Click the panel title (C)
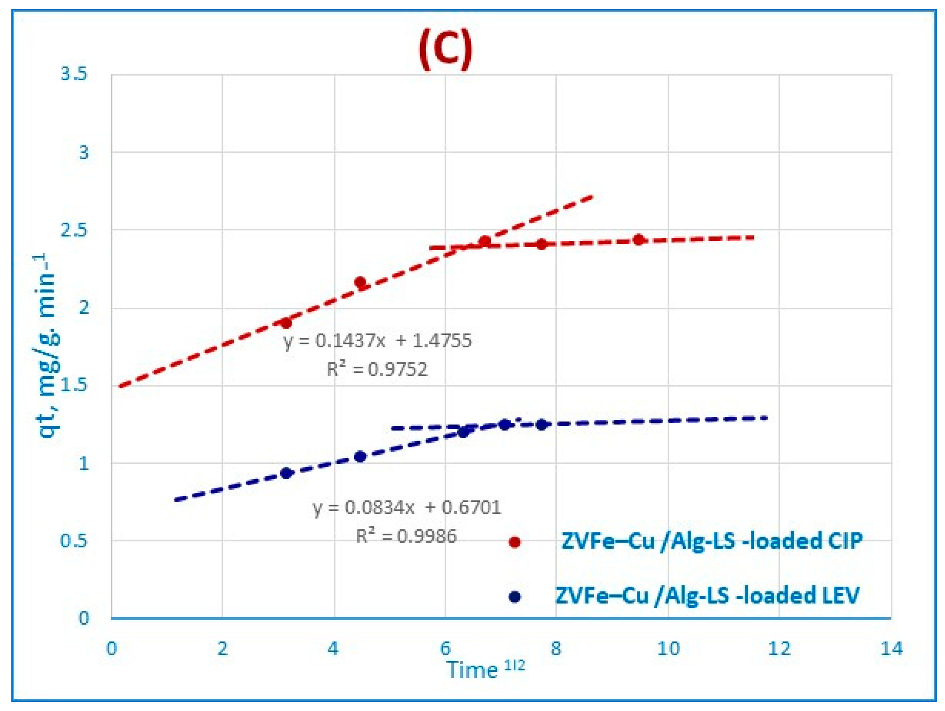445,49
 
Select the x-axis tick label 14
891,649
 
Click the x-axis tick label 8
556,649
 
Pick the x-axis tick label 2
223,649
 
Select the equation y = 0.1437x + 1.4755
378,340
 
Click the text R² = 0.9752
377,369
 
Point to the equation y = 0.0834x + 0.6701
407,507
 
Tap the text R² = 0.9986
406,536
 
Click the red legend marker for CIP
515,542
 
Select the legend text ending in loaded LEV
707,595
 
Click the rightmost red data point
639,240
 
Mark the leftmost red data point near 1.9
286,323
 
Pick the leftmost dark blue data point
286,473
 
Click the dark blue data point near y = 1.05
360,457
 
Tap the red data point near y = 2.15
360,282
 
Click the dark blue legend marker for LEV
515,597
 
